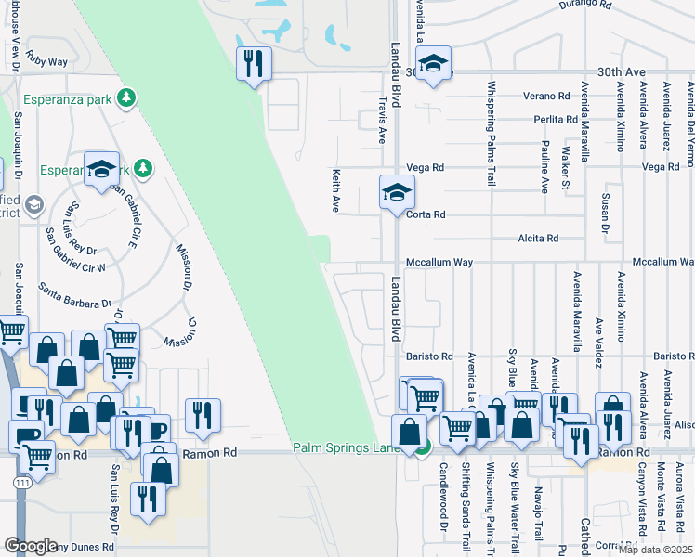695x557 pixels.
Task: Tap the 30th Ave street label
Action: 621,71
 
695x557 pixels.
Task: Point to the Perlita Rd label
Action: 556,120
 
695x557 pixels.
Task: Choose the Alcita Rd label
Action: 538,239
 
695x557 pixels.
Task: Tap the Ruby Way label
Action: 47,62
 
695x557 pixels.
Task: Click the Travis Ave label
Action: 381,123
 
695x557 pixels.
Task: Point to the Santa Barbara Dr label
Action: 74,296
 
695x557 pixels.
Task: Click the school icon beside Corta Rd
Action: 397,193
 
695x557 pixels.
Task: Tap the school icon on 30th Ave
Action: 432,64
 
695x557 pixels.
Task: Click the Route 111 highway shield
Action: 20,485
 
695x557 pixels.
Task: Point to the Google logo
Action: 31,546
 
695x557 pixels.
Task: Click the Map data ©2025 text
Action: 656,550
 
